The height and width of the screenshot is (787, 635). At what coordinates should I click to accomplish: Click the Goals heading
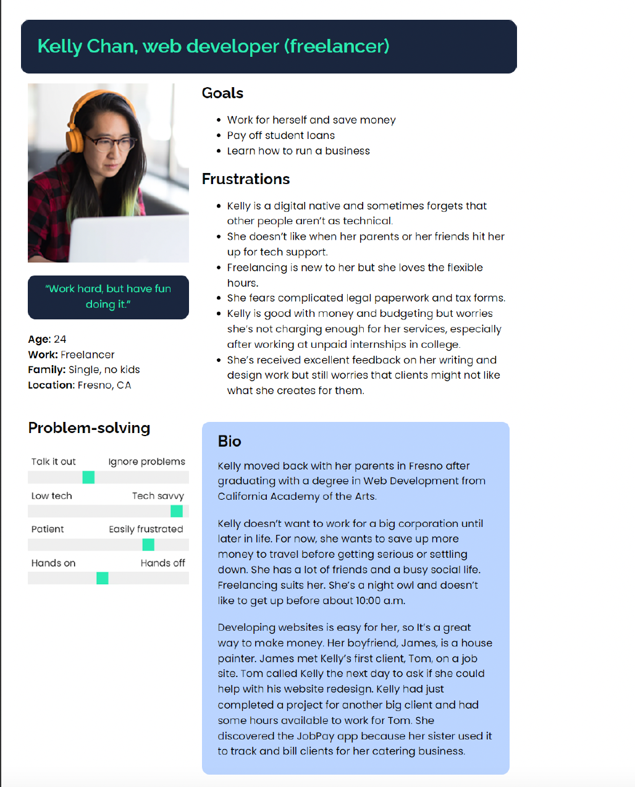[222, 93]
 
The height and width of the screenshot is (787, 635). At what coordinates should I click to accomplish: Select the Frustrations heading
[246, 179]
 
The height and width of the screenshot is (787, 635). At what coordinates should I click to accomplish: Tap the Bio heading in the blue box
[229, 441]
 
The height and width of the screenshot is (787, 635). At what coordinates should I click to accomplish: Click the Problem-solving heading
[89, 428]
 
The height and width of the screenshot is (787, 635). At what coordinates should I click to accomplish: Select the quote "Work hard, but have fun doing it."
[108, 297]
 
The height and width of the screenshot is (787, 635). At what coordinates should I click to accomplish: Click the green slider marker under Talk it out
[88, 477]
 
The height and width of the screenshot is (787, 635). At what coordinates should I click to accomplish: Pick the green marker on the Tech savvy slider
[177, 511]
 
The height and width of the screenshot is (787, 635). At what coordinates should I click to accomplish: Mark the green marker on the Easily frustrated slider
[148, 544]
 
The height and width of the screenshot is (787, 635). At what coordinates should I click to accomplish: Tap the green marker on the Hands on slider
[103, 578]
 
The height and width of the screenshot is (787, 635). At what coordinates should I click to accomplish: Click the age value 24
[60, 339]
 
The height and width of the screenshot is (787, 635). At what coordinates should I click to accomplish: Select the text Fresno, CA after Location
[104, 385]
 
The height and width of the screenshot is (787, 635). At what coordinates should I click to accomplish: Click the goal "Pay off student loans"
[281, 135]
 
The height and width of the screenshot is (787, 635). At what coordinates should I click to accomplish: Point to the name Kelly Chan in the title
[87, 46]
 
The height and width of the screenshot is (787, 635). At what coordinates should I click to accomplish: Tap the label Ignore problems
[146, 461]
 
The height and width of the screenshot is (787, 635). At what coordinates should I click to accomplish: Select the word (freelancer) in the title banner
[337, 46]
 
